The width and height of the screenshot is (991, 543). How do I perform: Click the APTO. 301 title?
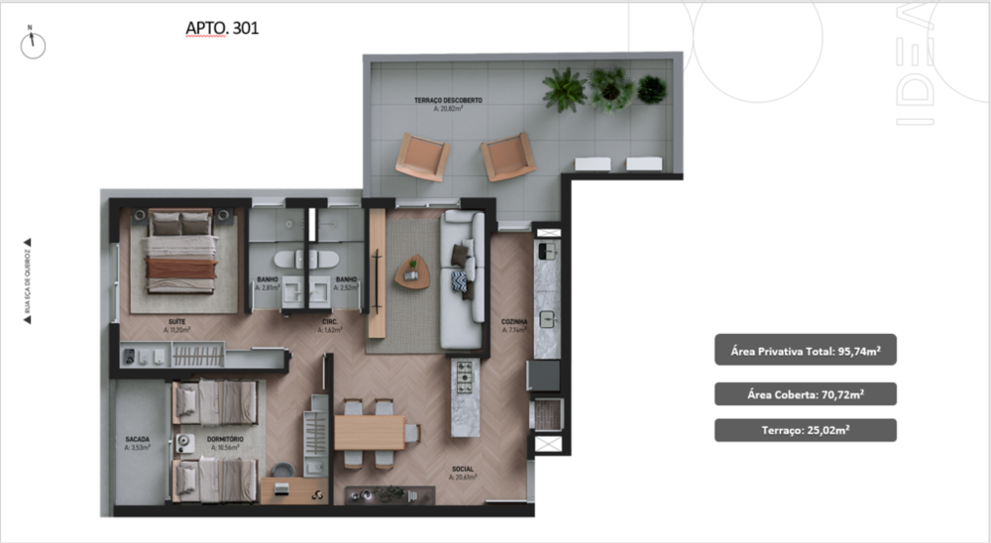click(x=222, y=29)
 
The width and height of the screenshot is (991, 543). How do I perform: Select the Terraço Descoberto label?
click(x=448, y=104)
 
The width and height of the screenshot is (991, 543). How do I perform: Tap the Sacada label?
click(x=138, y=441)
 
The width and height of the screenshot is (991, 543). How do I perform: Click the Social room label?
click(x=462, y=471)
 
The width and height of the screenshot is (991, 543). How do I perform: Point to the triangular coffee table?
click(x=411, y=271)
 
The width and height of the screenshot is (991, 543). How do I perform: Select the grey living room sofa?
click(x=461, y=280)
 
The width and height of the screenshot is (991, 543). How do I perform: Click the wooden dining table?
click(x=369, y=432)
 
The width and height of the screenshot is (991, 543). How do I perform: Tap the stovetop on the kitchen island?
click(x=463, y=377)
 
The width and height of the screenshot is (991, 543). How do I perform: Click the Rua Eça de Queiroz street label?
click(x=27, y=282)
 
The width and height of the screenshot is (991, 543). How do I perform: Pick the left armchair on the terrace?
click(x=422, y=158)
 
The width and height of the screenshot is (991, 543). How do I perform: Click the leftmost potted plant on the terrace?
click(x=565, y=89)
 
